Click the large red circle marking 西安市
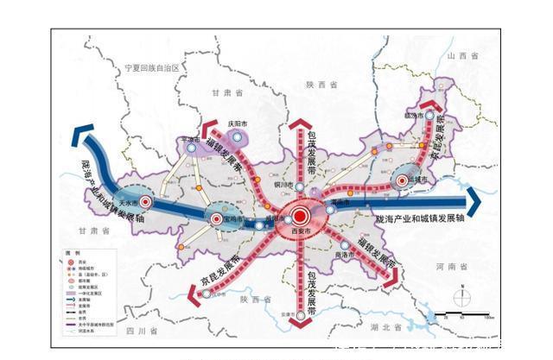[300, 217]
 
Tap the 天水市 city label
[129, 201]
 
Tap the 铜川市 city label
[286, 183]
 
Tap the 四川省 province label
[140, 331]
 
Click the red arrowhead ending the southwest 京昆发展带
[194, 294]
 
